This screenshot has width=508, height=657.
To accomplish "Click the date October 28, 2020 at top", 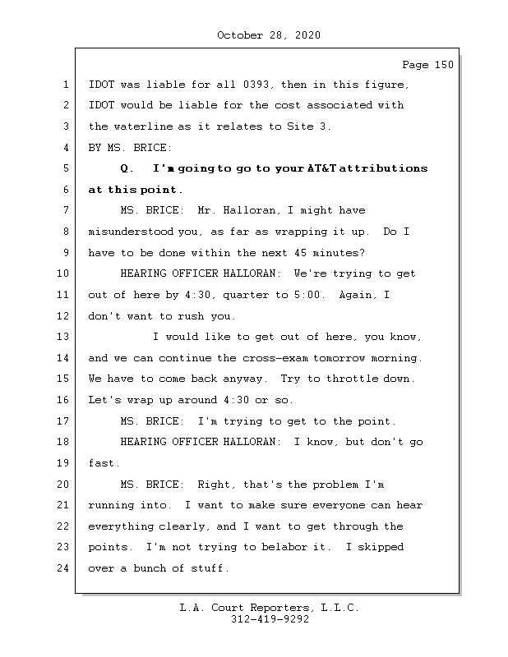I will coord(268,35).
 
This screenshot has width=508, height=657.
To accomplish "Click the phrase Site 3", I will coord(307,126).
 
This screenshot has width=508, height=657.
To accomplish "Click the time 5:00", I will coord(307,295).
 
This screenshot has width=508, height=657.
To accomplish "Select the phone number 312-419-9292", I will coord(269,620).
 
